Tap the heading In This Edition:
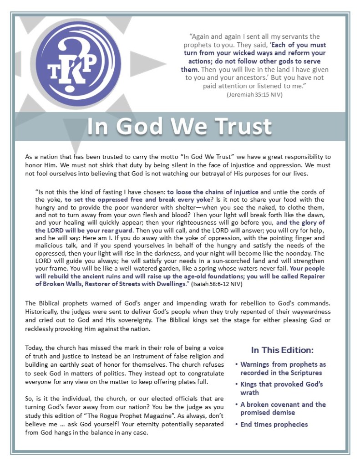pos(282,350)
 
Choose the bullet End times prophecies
pos(274,425)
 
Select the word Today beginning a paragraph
pos(34,348)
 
